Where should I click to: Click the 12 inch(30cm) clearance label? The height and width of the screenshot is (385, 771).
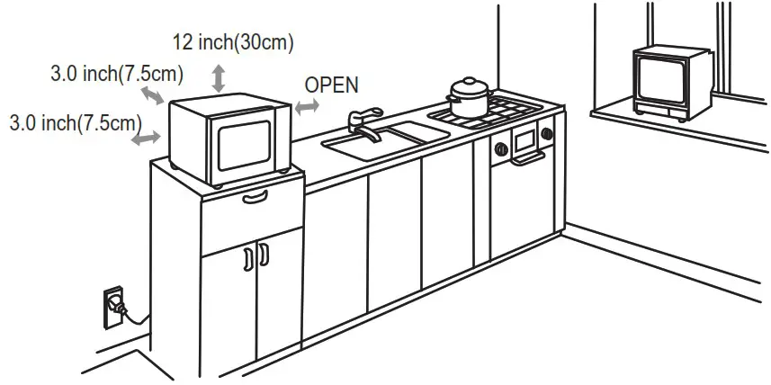tap(233, 41)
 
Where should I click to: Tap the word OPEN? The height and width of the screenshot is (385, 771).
tap(331, 85)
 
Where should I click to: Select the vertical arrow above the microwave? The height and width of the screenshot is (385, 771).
tap(218, 77)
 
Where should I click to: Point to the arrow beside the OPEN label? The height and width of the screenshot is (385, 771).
tap(308, 106)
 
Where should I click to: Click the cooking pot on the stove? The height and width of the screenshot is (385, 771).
tap(469, 95)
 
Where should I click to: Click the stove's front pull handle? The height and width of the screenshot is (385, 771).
tap(526, 159)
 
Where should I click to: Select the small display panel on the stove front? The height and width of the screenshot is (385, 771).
tap(524, 139)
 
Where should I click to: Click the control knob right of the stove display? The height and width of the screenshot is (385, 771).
tap(546, 135)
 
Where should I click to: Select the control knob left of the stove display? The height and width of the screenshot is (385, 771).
tap(500, 145)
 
